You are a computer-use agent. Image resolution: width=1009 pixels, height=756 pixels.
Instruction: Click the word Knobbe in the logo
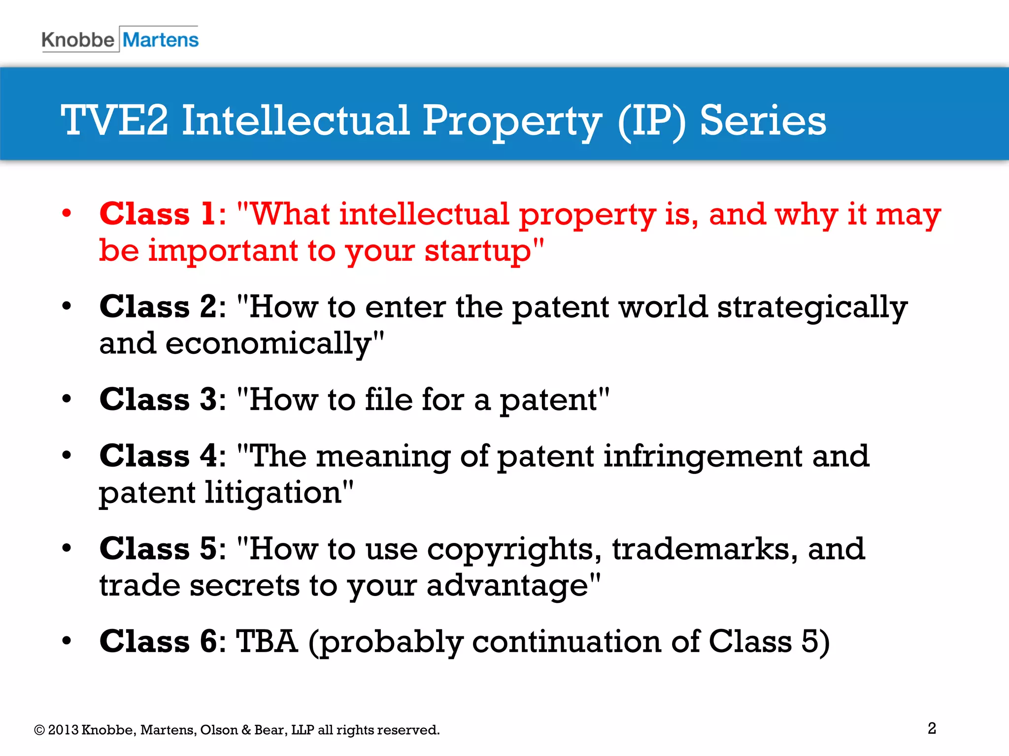(x=78, y=40)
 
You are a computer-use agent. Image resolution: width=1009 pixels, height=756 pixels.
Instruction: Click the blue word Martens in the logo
(x=161, y=40)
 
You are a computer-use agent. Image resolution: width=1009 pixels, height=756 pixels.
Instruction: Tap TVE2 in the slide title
(x=114, y=121)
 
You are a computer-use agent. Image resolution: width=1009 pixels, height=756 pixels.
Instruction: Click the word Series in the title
(x=763, y=121)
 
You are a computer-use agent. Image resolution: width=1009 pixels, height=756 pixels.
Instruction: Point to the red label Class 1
(x=157, y=214)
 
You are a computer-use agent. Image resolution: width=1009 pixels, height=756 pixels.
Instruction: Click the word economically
(x=268, y=344)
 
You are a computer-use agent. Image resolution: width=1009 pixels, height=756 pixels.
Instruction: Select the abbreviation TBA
(x=267, y=641)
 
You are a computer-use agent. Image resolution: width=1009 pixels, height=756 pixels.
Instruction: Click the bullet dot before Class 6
(x=67, y=641)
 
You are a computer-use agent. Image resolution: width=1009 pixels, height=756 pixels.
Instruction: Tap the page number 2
(x=932, y=728)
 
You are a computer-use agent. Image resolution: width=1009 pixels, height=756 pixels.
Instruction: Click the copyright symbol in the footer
(x=39, y=730)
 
